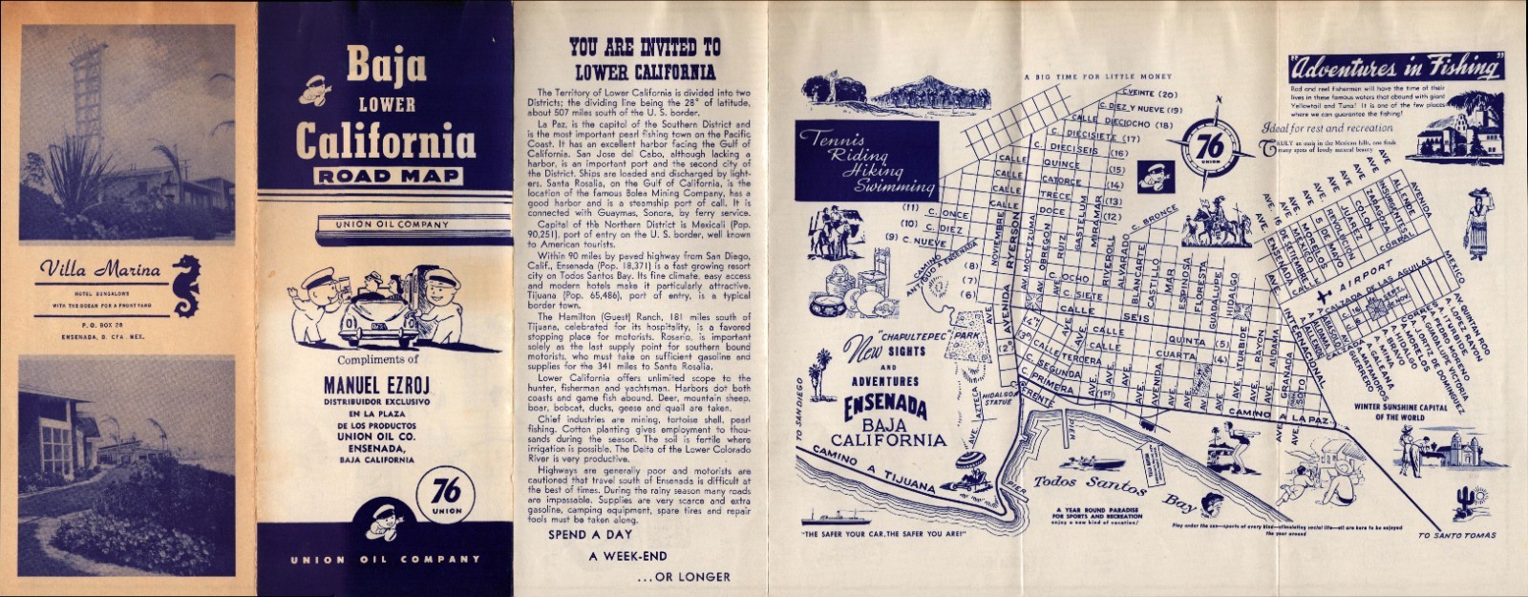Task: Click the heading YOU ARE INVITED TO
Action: [645, 47]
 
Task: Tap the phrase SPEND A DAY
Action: [593, 535]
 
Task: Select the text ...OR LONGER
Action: [682, 577]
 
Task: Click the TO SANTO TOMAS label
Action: [1456, 535]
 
